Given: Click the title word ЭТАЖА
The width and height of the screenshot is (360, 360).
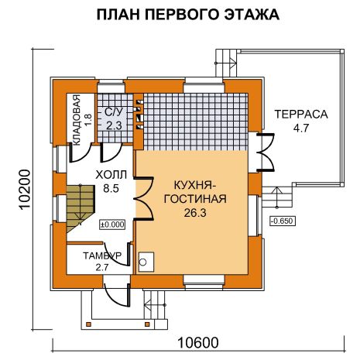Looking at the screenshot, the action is [x=252, y=15].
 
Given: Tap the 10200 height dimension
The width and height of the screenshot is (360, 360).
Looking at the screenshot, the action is [x=25, y=189].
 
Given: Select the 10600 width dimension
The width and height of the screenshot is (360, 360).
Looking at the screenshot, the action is [x=198, y=343].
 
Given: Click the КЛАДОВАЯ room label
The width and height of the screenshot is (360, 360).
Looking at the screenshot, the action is [x=77, y=120].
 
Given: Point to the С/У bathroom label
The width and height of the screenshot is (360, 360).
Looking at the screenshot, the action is [x=115, y=113].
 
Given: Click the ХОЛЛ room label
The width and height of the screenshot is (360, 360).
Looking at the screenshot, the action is [x=111, y=175].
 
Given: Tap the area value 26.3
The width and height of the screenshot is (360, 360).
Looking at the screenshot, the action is [x=195, y=213].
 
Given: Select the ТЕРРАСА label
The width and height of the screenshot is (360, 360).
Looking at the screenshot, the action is [x=301, y=114].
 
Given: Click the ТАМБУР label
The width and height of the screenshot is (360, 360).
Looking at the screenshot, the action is [x=102, y=255].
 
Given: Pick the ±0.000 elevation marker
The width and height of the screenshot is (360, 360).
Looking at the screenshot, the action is [x=112, y=225].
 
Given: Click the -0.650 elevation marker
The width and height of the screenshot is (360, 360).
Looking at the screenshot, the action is [x=283, y=221].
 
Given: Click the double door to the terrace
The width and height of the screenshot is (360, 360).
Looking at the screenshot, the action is [x=265, y=152].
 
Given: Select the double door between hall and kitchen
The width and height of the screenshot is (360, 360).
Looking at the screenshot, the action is [x=144, y=198].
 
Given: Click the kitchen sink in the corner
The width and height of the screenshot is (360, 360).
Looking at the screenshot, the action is [x=146, y=262].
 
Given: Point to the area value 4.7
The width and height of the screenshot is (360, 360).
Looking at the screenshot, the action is [x=301, y=128].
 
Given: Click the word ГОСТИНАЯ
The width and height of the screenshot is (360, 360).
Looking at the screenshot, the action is [x=195, y=199].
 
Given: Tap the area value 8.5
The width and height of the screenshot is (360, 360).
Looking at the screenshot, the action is [x=111, y=188].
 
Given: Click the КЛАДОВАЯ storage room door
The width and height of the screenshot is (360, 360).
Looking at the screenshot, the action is [x=80, y=153].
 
